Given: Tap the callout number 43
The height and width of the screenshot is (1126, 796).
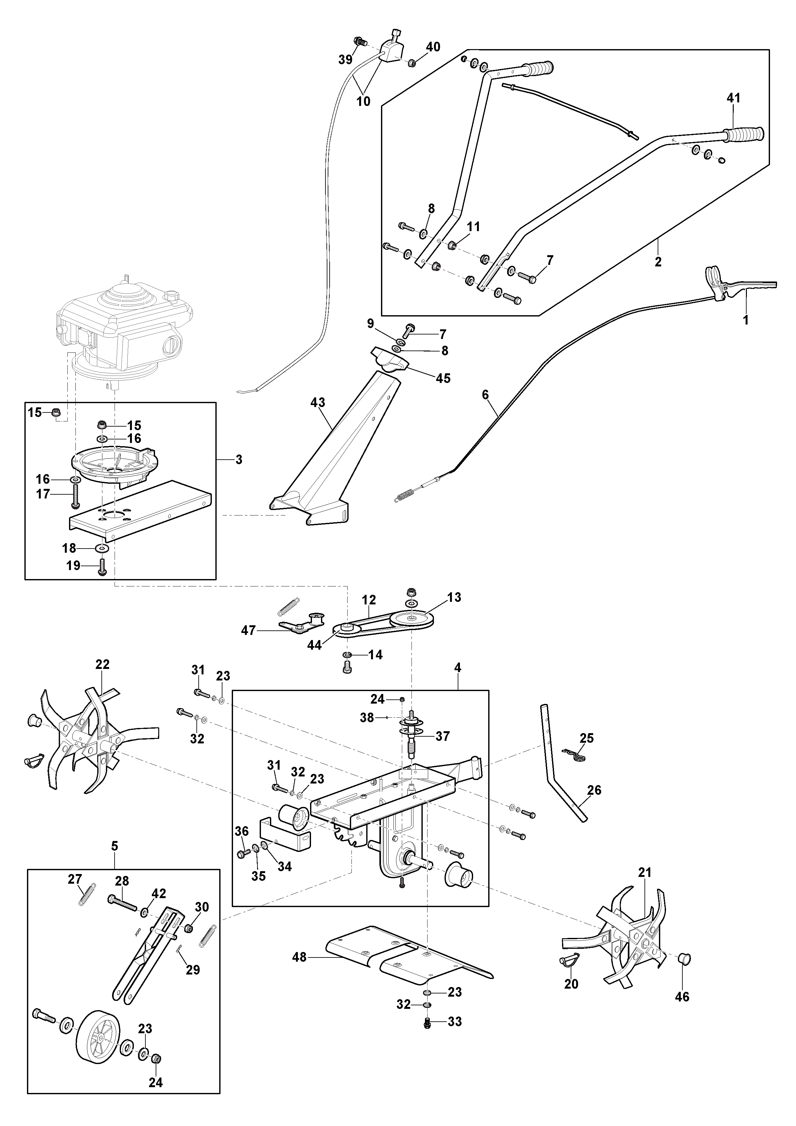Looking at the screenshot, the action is (x=318, y=402).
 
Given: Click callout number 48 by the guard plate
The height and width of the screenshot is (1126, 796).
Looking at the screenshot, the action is (x=299, y=957).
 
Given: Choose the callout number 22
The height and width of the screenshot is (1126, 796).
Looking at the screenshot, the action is (x=102, y=664).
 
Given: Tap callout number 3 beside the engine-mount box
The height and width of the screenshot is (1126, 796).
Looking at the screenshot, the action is (x=239, y=460).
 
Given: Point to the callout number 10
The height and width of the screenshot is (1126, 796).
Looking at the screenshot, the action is (x=363, y=101).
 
